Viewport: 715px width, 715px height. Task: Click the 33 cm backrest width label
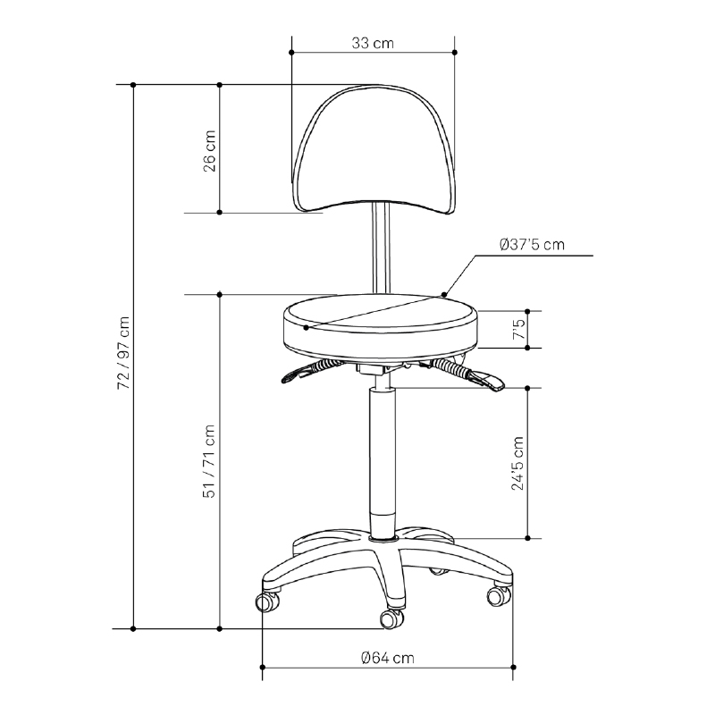pyautogui.click(x=373, y=43)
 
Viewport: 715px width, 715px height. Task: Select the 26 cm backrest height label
pyautogui.click(x=209, y=151)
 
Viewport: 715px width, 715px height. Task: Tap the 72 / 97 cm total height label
pyautogui.click(x=123, y=352)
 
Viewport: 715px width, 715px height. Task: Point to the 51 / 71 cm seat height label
pyautogui.click(x=209, y=461)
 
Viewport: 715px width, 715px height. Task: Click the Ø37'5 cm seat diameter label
pyautogui.click(x=532, y=244)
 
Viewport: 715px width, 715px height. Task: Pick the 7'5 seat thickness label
pyautogui.click(x=519, y=329)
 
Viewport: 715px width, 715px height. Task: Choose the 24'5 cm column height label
pyautogui.click(x=517, y=463)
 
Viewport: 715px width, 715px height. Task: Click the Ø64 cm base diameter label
pyautogui.click(x=388, y=658)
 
